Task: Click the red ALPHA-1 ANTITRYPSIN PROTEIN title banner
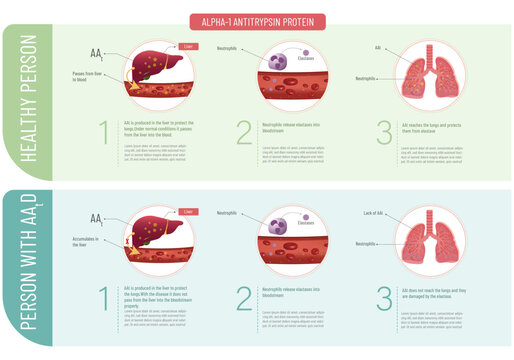click(x=257, y=22)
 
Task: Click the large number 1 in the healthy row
click(x=104, y=134)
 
